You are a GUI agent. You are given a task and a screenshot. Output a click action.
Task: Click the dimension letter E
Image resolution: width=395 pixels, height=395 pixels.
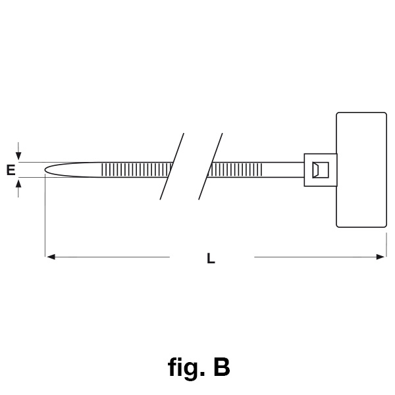coord(11,171)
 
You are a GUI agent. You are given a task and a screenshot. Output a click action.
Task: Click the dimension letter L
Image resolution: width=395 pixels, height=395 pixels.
coord(211,259)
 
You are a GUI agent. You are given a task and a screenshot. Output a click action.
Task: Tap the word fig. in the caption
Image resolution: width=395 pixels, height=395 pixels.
coord(185,367)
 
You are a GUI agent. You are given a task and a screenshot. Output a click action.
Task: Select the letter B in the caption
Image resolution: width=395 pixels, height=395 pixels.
coord(222,367)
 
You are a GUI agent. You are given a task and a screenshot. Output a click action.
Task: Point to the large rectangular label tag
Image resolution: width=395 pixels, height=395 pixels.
coord(361,170)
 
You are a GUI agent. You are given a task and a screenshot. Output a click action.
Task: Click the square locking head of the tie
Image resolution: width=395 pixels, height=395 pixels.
coord(320,170)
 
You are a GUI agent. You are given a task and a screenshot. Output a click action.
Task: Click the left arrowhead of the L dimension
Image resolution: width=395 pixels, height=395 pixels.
coord(49,257)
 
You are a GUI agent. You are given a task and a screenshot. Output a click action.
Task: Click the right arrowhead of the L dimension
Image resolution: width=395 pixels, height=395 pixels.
coord(381,257)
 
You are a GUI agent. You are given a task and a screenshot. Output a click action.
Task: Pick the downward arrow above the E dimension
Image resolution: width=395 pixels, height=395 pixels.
coord(18,156)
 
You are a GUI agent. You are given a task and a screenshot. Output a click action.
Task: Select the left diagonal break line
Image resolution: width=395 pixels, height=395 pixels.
coord(172,166)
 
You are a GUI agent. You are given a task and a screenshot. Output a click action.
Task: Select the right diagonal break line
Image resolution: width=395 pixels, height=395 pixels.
coord(211,166)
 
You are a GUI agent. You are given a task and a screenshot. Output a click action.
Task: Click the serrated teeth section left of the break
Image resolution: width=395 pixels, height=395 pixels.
coord(136,170)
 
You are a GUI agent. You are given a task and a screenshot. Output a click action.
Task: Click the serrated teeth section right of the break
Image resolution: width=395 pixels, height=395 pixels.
coord(236,170)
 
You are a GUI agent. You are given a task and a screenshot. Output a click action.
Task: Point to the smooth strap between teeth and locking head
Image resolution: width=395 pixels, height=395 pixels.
coord(283,170)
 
